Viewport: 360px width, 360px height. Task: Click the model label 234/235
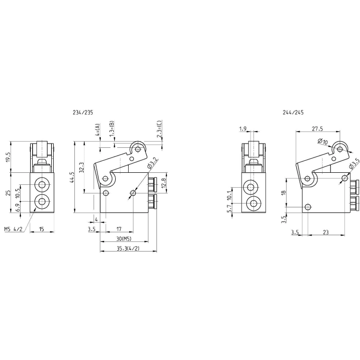83,112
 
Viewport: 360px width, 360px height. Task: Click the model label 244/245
293,112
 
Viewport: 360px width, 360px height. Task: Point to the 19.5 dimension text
8,157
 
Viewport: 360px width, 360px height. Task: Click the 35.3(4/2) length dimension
128,248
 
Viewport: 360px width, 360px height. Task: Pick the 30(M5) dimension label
123,239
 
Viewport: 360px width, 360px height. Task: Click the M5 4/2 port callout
13,229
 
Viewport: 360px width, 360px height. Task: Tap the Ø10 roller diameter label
323,142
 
